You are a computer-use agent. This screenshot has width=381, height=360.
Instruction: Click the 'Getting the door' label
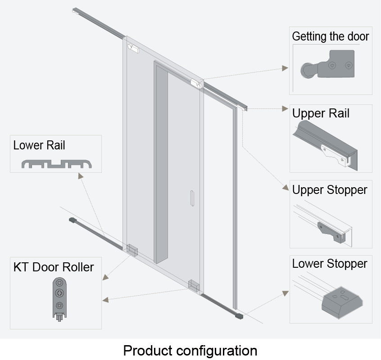click(330, 36)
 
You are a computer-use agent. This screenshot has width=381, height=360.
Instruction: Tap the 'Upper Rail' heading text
click(321, 113)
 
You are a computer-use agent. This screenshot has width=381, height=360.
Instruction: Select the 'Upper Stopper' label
click(330, 189)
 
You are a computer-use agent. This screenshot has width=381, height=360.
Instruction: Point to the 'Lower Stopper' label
click(330, 263)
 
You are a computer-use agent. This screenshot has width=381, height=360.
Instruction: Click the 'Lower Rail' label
click(39, 145)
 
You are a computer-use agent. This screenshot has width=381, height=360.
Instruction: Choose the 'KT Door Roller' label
click(54, 267)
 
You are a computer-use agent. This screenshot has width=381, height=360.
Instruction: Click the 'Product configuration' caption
click(190, 350)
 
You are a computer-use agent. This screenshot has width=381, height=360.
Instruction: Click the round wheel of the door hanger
click(307, 71)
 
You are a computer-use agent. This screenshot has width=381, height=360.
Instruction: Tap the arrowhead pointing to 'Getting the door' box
click(285, 68)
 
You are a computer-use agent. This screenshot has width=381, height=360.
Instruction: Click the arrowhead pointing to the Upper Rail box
click(285, 108)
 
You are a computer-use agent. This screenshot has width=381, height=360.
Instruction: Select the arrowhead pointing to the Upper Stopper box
click(285, 188)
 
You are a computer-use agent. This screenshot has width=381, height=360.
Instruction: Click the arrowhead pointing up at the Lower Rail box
click(80, 176)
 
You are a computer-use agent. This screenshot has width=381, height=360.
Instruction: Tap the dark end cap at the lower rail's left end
click(71, 220)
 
